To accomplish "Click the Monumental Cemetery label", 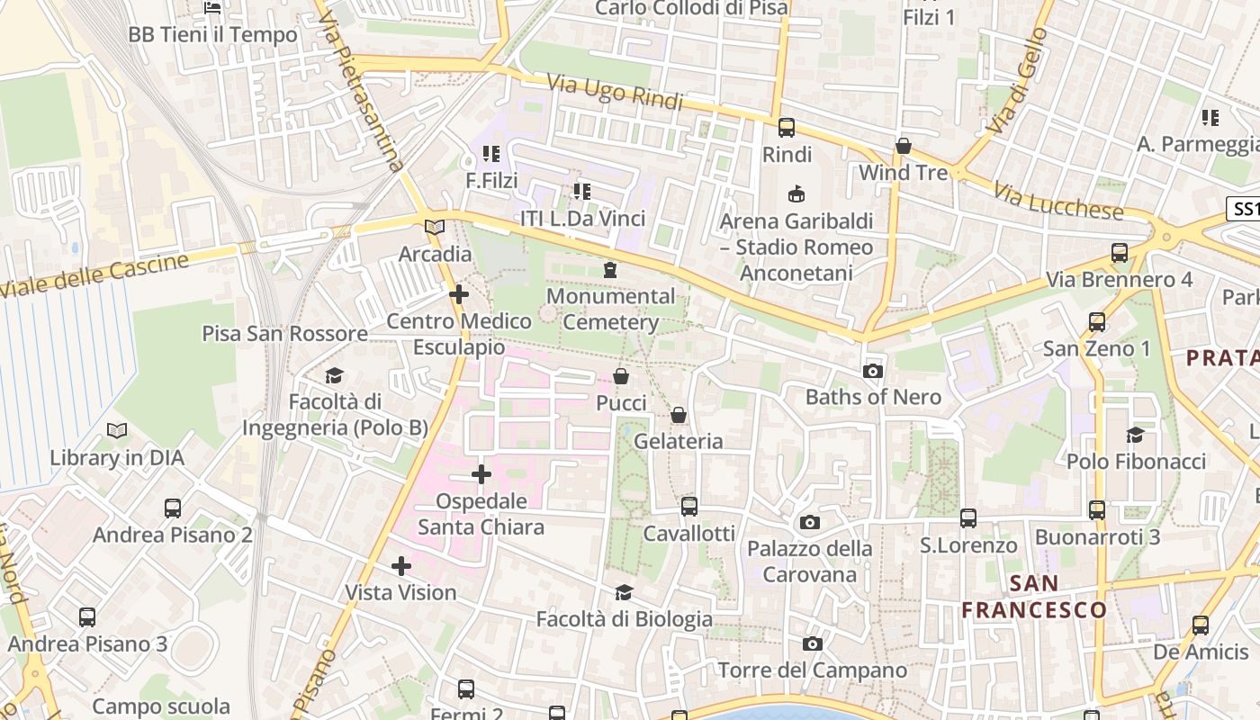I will [x=611, y=309].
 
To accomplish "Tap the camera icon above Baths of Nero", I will [x=872, y=371].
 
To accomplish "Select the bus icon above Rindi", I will [x=787, y=128].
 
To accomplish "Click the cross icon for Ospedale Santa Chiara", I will [x=481, y=473].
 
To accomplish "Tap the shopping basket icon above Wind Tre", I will [x=904, y=146].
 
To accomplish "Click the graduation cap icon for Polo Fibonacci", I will [x=1135, y=436].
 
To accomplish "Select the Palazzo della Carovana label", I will [x=810, y=561].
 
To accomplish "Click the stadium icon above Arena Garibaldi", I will [x=796, y=193].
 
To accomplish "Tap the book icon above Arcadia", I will [x=435, y=228].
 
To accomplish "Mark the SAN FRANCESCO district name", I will [x=1034, y=597].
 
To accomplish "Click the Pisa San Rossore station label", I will [x=284, y=333].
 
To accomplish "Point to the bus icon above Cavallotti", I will [x=689, y=507].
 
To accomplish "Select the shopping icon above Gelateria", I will [x=679, y=415].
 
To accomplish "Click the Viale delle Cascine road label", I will [x=94, y=274].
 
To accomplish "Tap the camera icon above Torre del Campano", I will [x=812, y=644].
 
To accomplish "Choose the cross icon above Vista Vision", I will [x=401, y=566].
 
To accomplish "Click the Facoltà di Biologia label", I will [x=624, y=619].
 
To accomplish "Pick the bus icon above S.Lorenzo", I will [x=968, y=518].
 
